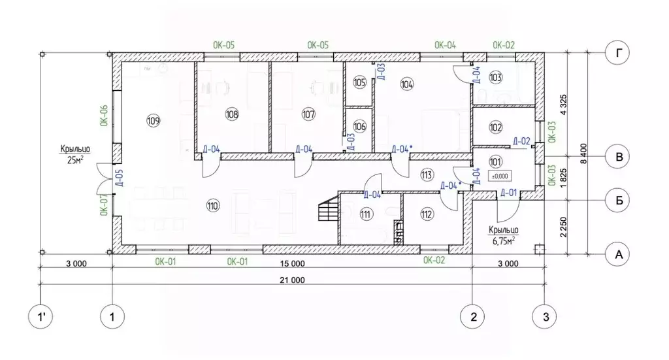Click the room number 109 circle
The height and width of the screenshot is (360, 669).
[x=153, y=121]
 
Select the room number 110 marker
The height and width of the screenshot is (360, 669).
[x=213, y=206]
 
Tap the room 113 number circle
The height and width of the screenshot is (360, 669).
[x=427, y=174]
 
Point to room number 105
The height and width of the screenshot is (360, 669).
[x=360, y=82]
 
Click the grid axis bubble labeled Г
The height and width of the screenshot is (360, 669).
[x=617, y=53]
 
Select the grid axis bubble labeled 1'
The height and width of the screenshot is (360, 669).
[x=41, y=317]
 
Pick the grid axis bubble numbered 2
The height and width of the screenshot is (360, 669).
[x=473, y=317]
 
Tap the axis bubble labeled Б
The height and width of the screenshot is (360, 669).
[x=617, y=200]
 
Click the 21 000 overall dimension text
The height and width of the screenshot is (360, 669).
[x=292, y=280]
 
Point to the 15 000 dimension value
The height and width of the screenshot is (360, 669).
[x=292, y=263]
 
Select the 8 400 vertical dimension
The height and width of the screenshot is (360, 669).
[x=584, y=154]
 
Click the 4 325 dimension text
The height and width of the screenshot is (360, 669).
[x=563, y=105]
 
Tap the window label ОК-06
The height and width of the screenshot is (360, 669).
[x=104, y=116]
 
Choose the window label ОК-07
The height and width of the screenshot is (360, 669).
[x=104, y=205]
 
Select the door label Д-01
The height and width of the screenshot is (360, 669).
[x=508, y=193]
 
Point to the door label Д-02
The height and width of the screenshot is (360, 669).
[x=521, y=141]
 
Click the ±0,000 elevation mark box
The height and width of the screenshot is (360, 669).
[x=500, y=176]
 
